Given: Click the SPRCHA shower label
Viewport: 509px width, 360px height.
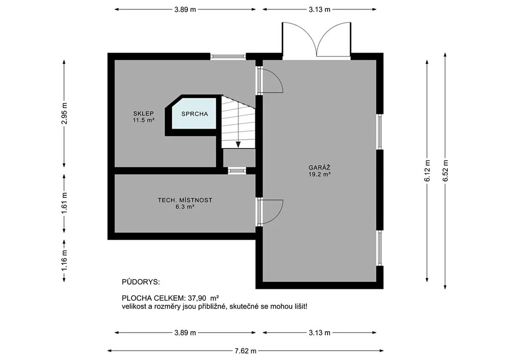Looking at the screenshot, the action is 194,114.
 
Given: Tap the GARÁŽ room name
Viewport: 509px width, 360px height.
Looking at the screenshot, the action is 320,168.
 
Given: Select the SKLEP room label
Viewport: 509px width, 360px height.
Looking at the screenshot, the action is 143,113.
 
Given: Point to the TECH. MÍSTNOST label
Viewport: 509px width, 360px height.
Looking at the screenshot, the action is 185,200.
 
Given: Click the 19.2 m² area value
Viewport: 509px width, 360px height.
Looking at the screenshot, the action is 320,175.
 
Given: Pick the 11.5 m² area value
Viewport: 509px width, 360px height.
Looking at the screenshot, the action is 143,120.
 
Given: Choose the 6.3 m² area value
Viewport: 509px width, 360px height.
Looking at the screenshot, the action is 185,206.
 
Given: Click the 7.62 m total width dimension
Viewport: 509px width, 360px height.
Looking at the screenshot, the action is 246,351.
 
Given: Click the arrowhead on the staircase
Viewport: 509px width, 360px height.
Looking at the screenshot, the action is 238,145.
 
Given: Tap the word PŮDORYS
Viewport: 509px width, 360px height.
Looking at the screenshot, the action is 141,282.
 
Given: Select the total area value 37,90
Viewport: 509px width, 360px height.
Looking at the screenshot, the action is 197,298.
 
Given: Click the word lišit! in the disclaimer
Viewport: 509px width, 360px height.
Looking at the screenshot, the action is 299,306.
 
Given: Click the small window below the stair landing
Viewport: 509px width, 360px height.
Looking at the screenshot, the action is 237,171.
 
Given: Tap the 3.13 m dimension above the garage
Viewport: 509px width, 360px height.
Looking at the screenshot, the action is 320,9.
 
